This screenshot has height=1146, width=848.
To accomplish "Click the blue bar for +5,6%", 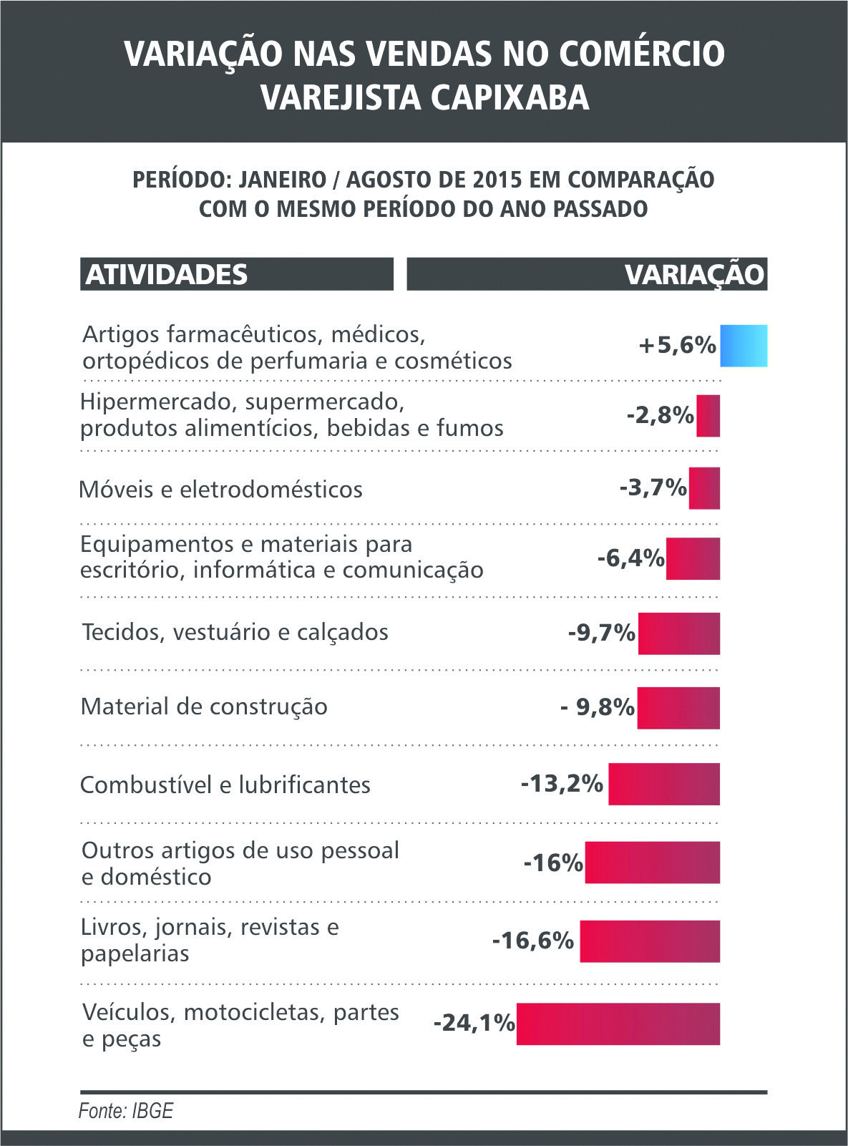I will pos(744,346).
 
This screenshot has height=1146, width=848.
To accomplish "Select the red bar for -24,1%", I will pos(618,1024).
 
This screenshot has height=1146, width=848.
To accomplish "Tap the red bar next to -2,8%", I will pos(708,416).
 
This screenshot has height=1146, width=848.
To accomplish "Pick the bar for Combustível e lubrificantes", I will pos(664,784).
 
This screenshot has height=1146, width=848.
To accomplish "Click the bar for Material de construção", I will pos(678,708).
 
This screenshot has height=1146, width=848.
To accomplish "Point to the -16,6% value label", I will pos(533,940).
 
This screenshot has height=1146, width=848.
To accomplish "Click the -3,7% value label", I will pos(653,488).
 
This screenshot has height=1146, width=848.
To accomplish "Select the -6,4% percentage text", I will pos(630,558).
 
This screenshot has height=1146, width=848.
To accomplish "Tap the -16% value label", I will pos(553,863).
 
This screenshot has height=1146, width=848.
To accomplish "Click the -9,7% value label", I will pos(601,633).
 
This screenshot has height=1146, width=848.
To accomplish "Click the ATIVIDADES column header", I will pos(167,275).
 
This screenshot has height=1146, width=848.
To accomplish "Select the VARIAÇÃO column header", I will pos(694,275).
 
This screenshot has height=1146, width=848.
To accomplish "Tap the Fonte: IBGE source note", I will pos(126,1110).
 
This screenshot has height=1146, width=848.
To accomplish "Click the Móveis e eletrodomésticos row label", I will pos(220,490).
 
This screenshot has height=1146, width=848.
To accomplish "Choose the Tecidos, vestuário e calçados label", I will pos(235,632).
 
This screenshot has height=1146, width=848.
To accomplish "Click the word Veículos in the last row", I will pos(129,1012).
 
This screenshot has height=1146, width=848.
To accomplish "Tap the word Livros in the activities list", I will pos(113,927).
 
